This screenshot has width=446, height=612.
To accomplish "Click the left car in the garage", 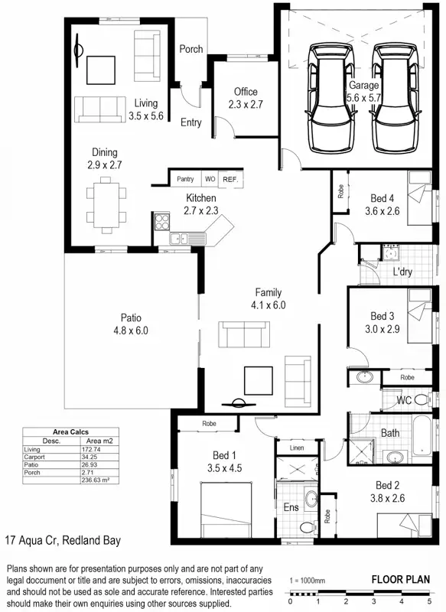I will click(x=330, y=99).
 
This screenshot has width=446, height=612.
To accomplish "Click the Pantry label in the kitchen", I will click(x=185, y=179).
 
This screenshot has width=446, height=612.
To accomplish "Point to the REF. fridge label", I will click(x=230, y=179).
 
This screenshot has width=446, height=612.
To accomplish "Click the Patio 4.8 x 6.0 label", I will click(x=130, y=324).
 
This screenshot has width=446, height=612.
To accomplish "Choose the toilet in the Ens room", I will click(x=308, y=527).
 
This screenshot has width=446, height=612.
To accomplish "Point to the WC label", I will click(x=405, y=400).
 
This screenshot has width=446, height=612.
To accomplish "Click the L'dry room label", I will click(x=402, y=272).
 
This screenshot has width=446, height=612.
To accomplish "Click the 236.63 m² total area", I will click(x=95, y=480).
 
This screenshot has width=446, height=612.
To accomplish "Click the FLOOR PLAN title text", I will click(x=400, y=579).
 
